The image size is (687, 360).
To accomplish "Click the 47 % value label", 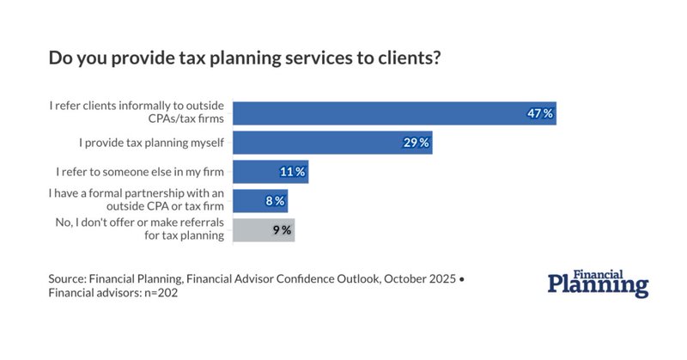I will click(539, 113).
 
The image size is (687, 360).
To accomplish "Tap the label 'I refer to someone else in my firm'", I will click(140, 172).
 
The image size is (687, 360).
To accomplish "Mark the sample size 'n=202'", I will click(160, 294).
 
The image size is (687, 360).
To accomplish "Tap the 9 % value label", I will click(281, 230).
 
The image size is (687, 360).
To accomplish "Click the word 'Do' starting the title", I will click(60, 59).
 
